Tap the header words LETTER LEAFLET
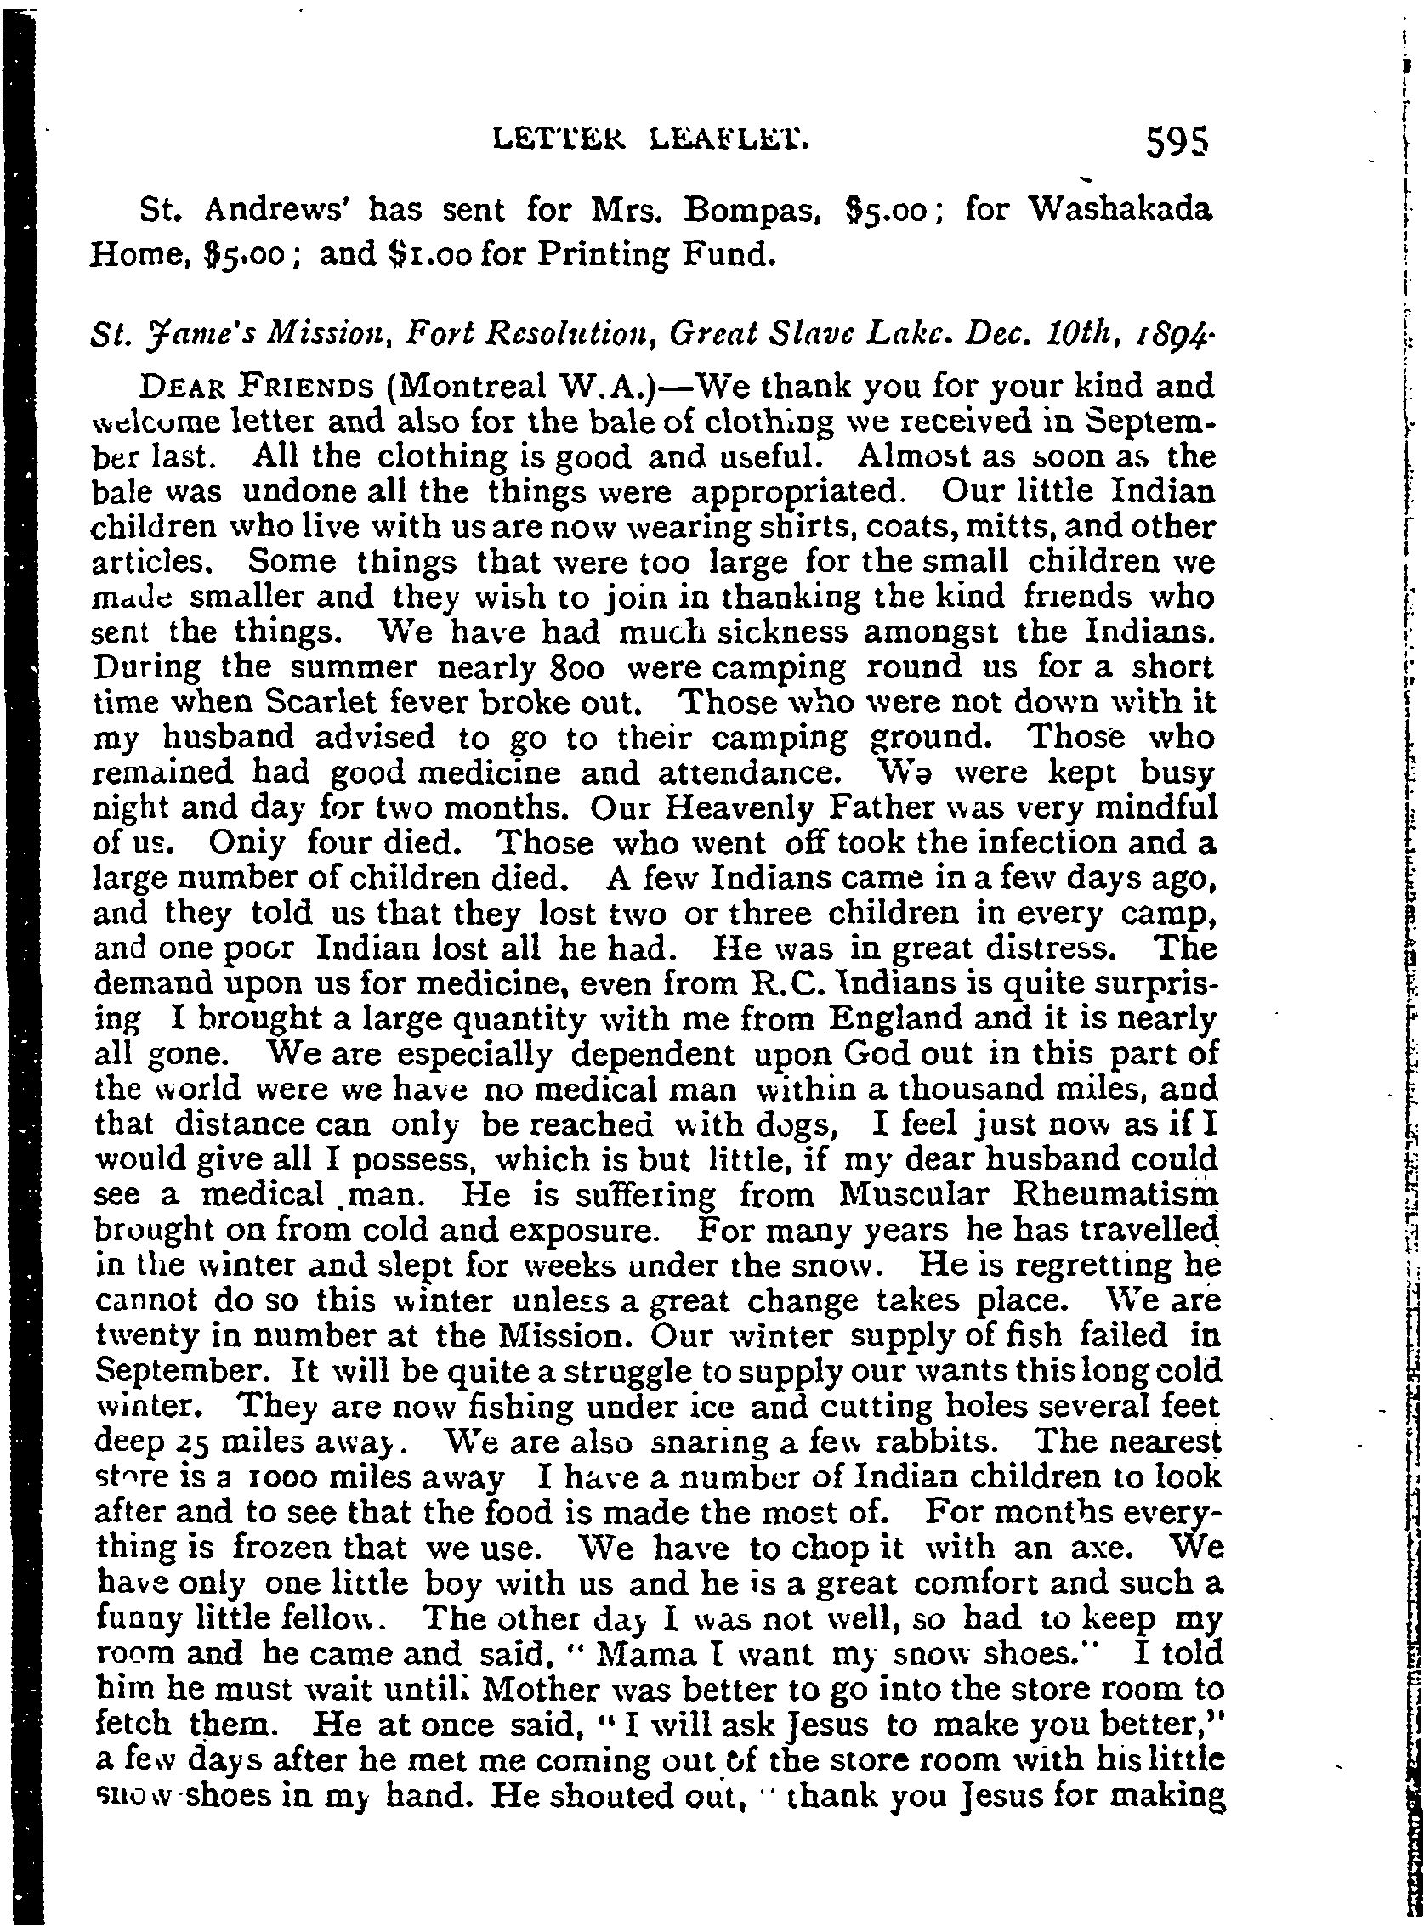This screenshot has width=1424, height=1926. point(651,138)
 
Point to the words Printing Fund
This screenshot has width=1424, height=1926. point(652,256)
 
